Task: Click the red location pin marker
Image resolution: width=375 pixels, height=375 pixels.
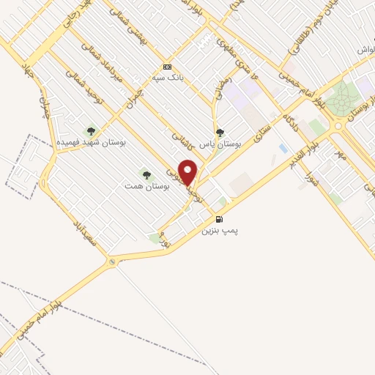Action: click(188, 172)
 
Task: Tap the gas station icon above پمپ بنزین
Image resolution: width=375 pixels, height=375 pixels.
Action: click(218, 219)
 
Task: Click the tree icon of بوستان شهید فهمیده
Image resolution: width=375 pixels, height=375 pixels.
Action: click(91, 131)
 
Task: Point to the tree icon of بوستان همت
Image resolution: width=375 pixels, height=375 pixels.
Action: click(146, 175)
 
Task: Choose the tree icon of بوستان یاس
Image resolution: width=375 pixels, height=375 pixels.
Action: click(220, 133)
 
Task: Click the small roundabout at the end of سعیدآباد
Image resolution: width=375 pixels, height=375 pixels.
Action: click(112, 261)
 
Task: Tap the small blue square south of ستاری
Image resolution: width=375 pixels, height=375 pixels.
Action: click(283, 149)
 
